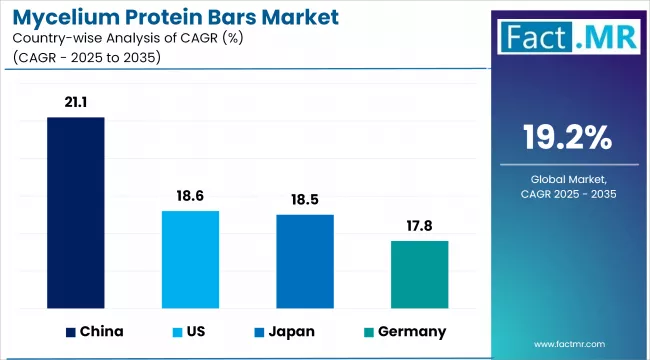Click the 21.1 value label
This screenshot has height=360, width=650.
(x=75, y=101)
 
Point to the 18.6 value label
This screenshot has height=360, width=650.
(x=190, y=195)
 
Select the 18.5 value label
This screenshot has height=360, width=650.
(x=305, y=198)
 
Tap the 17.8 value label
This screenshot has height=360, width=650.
(x=419, y=225)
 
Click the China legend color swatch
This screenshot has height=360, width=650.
(x=71, y=331)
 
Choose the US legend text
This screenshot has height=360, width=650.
(x=196, y=331)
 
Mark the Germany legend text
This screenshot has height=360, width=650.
(x=413, y=331)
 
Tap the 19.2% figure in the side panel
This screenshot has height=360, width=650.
(x=568, y=136)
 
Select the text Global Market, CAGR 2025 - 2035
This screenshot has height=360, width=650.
(x=568, y=186)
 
